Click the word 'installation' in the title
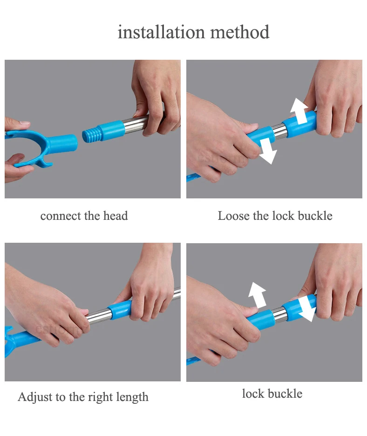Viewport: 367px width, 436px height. [x=161, y=32]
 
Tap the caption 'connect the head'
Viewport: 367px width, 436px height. [x=84, y=216]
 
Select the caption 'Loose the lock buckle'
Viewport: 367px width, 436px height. [x=275, y=216]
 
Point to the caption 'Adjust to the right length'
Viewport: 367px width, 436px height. [x=83, y=397]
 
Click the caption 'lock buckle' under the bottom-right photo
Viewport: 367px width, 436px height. [x=272, y=394]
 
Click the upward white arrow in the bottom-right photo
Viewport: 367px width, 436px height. [x=257, y=295]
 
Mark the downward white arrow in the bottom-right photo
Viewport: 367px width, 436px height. [x=307, y=308]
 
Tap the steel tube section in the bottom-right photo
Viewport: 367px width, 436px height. [x=280, y=315]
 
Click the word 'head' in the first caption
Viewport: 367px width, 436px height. [x=116, y=216]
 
